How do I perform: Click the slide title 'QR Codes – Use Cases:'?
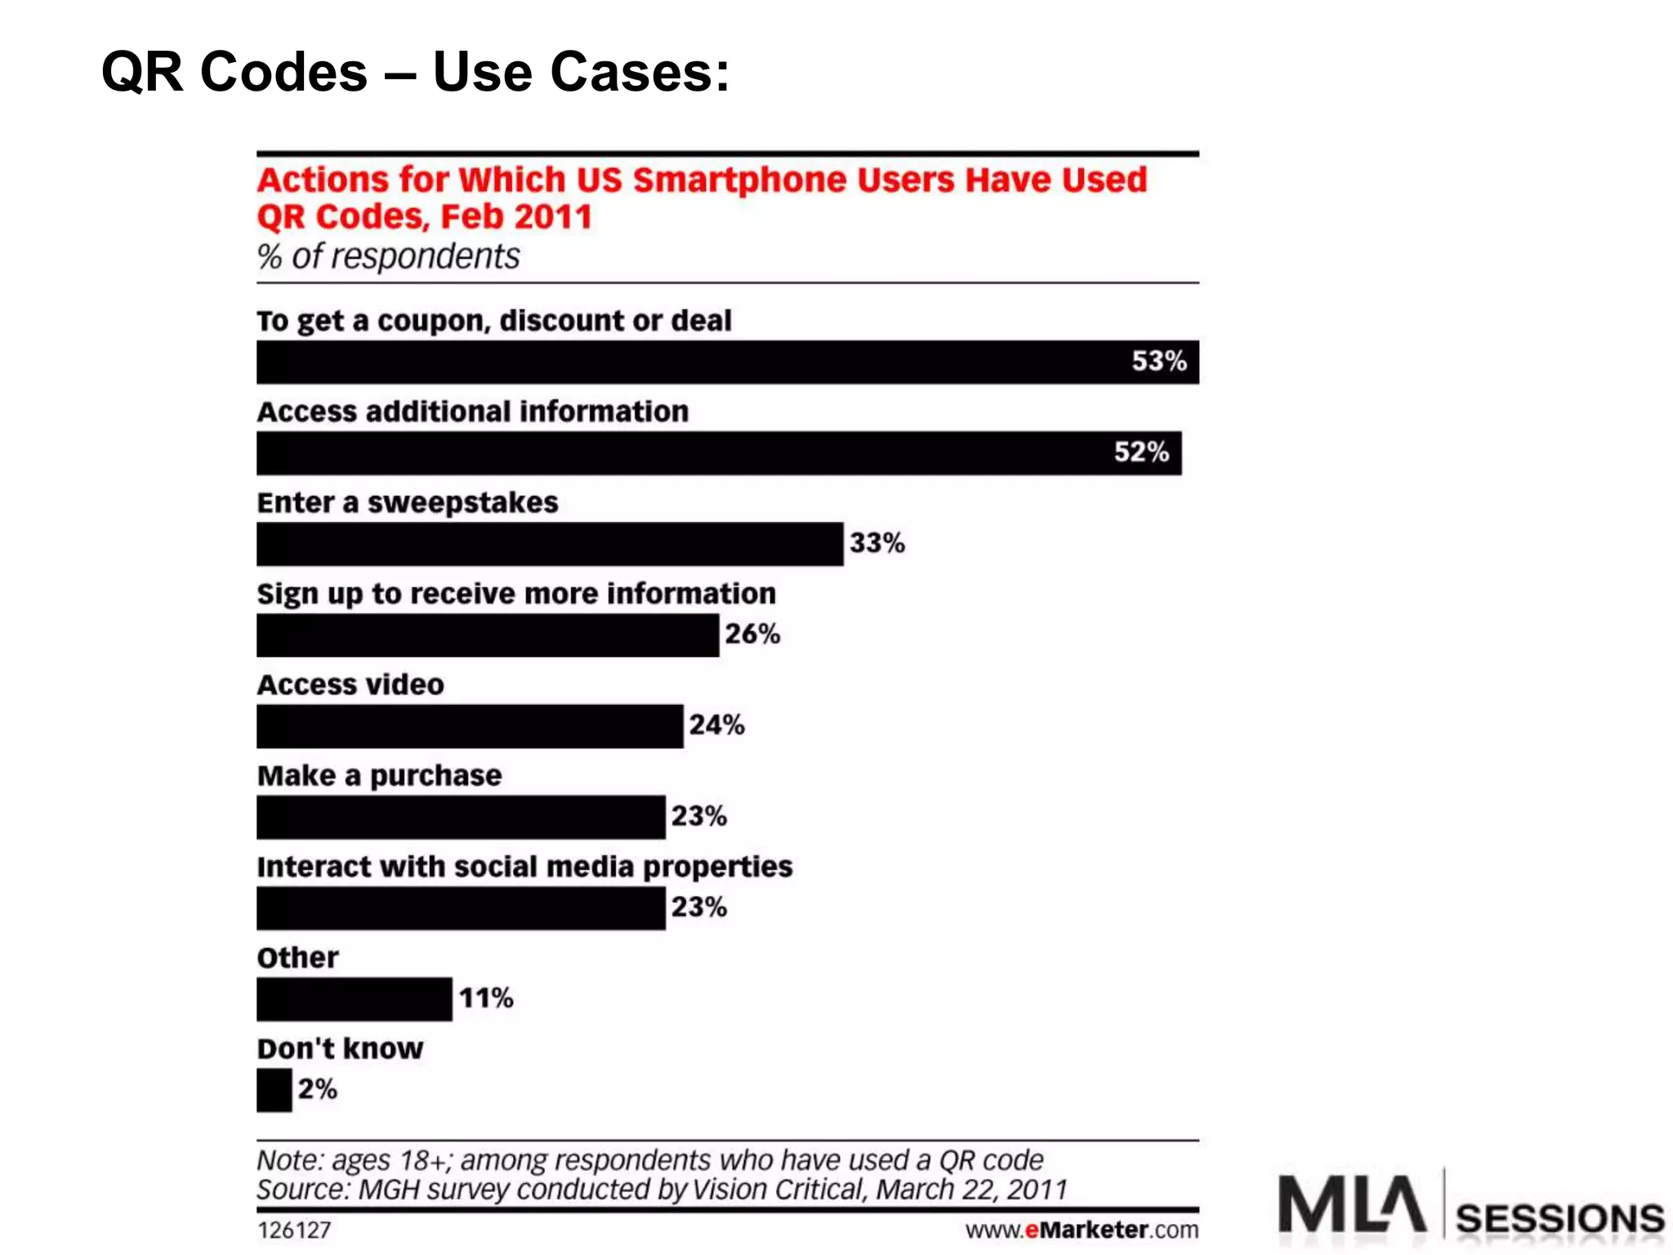pyautogui.click(x=415, y=72)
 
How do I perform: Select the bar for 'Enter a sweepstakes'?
pyautogui.click(x=549, y=544)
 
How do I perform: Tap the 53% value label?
pyautogui.click(x=1158, y=361)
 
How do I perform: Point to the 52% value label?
pyautogui.click(x=1141, y=452)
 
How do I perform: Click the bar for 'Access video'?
pyautogui.click(x=470, y=726)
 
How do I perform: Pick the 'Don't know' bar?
pyautogui.click(x=274, y=1090)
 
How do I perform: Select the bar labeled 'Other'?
pyautogui.click(x=354, y=998)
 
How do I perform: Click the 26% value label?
pyautogui.click(x=752, y=634)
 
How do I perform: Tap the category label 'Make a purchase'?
pyautogui.click(x=379, y=775)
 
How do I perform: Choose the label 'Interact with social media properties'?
pyautogui.click(x=524, y=866)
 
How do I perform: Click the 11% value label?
pyautogui.click(x=486, y=998)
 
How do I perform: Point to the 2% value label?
pyautogui.click(x=317, y=1089)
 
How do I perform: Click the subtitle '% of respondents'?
pyautogui.click(x=388, y=257)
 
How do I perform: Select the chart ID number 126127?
pyautogui.click(x=294, y=1230)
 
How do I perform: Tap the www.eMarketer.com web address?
pyautogui.click(x=1082, y=1230)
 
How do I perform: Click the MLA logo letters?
pyautogui.click(x=1351, y=1204)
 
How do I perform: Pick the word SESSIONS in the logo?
pyautogui.click(x=1559, y=1218)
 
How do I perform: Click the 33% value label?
pyautogui.click(x=877, y=543)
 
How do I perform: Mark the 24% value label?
pyautogui.click(x=716, y=725)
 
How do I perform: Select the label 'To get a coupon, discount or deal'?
pyautogui.click(x=493, y=321)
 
